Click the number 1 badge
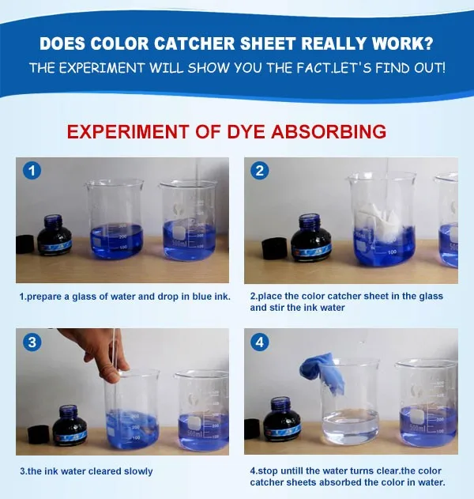[32, 171]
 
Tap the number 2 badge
[260, 171]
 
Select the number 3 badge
[32, 342]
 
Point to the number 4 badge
[260, 342]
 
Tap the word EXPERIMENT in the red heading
[128, 132]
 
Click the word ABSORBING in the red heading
[329, 132]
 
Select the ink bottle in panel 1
[54, 235]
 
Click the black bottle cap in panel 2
[274, 248]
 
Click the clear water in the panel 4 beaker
[350, 426]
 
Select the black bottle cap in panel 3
[39, 435]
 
